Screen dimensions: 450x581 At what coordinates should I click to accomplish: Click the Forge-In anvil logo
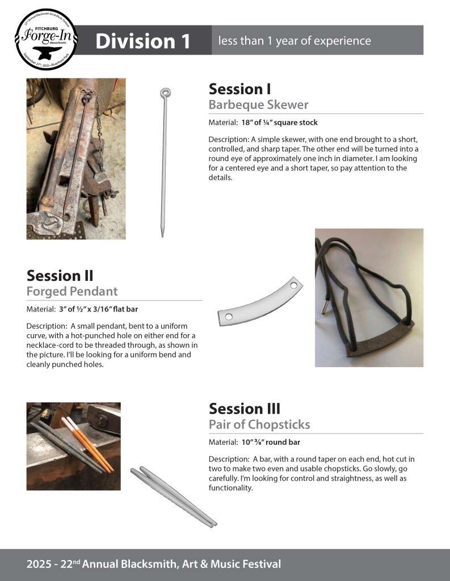pos(46,39)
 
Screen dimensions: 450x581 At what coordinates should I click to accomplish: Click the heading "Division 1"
pos(142,41)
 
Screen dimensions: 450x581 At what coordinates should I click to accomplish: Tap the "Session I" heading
pos(239,89)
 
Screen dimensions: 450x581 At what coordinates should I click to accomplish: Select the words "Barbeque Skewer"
pos(258,104)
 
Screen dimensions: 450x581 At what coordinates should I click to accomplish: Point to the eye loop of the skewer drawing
pos(165,92)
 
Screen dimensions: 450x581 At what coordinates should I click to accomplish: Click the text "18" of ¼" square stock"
pos(280,123)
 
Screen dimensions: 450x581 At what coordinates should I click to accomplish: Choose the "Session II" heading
pos(60,276)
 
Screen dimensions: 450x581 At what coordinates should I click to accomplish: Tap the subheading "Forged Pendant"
pos(72,291)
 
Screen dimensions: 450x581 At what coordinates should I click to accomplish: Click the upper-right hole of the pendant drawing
pos(293,286)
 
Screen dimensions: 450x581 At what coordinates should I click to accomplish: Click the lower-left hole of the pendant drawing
pos(229,317)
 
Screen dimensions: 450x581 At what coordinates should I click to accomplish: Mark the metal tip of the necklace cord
pos(325,306)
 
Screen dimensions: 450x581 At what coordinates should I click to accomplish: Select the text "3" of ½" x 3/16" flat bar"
pos(98,309)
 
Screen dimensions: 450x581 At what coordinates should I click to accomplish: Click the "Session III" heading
pos(244,409)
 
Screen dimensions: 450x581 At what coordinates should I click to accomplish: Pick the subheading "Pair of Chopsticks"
pos(259,424)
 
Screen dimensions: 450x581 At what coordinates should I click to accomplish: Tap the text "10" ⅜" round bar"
pos(271,442)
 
